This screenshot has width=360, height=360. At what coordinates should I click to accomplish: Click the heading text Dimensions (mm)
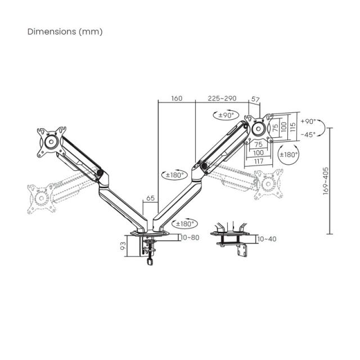click(x=65, y=31)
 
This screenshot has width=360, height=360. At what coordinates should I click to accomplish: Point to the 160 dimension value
click(x=176, y=98)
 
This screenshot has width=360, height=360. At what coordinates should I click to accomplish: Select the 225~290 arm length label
click(x=222, y=98)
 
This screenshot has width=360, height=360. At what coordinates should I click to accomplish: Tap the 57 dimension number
click(x=255, y=99)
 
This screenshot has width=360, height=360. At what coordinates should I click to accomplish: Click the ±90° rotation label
click(x=226, y=115)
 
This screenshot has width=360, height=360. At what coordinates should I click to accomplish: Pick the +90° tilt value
click(x=308, y=121)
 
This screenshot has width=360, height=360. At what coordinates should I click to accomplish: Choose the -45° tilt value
click(x=308, y=134)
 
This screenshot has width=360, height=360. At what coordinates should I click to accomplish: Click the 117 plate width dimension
click(x=259, y=161)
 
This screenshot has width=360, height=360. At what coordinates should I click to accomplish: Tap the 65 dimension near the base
click(x=150, y=198)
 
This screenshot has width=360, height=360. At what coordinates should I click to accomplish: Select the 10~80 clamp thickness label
click(x=191, y=237)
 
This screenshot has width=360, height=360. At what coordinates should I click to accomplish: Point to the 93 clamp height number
click(x=123, y=246)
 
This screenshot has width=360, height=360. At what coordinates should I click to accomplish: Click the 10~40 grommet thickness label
click(x=267, y=239)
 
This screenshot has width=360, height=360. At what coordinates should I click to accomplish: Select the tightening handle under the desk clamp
click(x=149, y=260)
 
